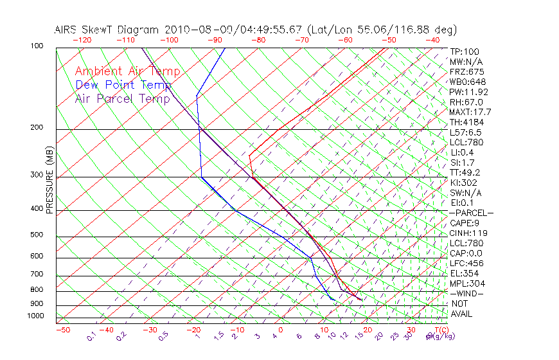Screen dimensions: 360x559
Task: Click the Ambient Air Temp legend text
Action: click(x=127, y=72)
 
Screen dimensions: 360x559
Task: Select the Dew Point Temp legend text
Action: click(x=123, y=85)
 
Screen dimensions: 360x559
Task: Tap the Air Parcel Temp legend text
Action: click(x=122, y=99)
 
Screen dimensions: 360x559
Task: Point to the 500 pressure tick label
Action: click(x=36, y=235)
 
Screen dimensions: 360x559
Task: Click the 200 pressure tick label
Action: click(x=36, y=127)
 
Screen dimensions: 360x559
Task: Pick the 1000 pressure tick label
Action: click(x=35, y=316)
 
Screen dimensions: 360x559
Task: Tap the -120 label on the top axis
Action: click(x=82, y=40)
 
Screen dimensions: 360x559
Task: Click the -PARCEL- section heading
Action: click(x=472, y=213)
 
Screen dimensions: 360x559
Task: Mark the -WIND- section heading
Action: click(x=467, y=293)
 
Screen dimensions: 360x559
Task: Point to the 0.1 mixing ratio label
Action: click(x=91, y=336)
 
